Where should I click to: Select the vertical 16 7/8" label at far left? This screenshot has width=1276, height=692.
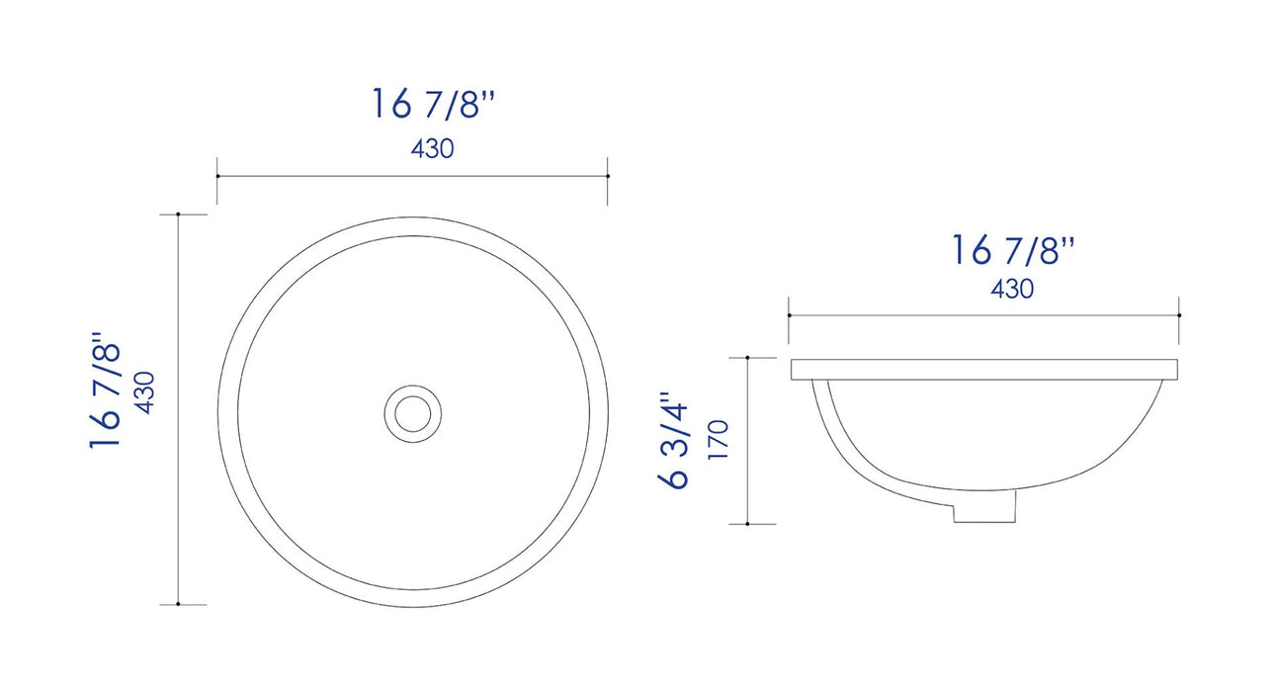[x=106, y=395]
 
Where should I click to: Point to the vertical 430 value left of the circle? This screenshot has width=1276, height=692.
[x=144, y=392]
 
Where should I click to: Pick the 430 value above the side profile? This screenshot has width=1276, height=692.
[x=1011, y=290]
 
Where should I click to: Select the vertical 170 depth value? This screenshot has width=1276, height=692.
[x=719, y=440]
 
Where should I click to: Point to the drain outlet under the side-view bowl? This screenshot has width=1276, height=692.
[x=984, y=507]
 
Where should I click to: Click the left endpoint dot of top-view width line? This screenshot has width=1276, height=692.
[x=217, y=176]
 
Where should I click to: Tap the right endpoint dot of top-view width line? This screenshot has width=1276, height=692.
[x=607, y=176]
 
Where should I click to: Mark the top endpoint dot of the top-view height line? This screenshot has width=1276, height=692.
[x=177, y=214]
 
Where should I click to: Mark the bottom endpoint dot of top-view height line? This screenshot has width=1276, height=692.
[x=177, y=604]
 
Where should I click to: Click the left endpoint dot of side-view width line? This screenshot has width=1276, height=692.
[x=789, y=314]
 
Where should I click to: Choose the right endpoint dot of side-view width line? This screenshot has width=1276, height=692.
[x=1179, y=314]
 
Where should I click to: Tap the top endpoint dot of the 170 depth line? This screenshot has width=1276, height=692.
[x=747, y=357]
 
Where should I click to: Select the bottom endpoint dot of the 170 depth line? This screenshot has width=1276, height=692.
[x=747, y=523]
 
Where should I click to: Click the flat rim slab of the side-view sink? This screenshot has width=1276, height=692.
[x=984, y=370]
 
